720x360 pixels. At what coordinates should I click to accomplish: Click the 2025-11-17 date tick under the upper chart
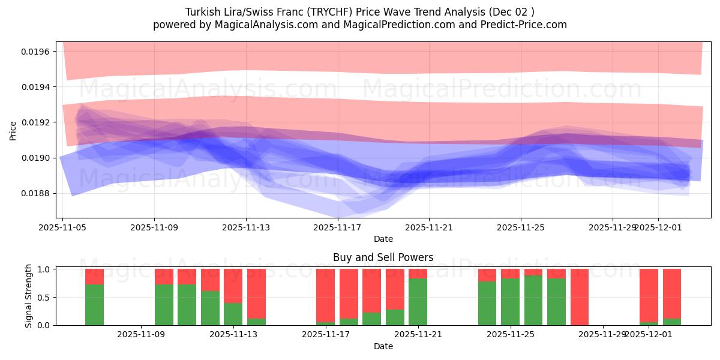[x=337, y=227]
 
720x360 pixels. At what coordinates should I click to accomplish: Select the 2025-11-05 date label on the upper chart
[x=63, y=227]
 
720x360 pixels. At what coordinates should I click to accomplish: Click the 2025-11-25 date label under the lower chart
[x=510, y=334]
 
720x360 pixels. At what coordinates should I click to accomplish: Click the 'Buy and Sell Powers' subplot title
[x=383, y=257]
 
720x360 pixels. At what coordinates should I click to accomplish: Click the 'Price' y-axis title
[x=13, y=131]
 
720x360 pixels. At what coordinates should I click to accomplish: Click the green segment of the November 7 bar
[x=94, y=305]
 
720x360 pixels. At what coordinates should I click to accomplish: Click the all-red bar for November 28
[x=579, y=297]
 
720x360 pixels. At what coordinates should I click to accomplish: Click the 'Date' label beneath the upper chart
[x=383, y=239]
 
